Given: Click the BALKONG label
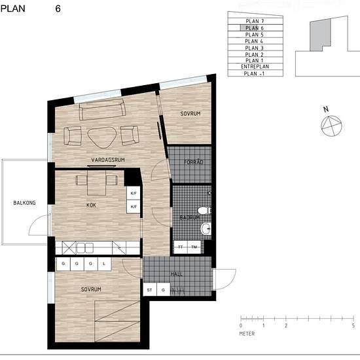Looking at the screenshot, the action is point(24,203).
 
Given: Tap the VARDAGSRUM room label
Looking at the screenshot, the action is point(108,160).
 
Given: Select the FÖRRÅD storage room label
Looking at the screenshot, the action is point(194,162).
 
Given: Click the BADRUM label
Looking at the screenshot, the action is point(189,217).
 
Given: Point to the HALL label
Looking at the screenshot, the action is point(177,274).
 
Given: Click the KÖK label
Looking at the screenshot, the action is point(91,205).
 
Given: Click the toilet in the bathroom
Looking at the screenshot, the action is point(204,210).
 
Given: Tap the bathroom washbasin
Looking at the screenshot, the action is point(206,228).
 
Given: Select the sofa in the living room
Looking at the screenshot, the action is point(102,110).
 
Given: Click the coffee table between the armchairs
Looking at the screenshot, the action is point(102,137).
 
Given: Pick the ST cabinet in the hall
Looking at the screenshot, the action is point(150,289).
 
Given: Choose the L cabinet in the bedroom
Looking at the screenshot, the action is point(105,264).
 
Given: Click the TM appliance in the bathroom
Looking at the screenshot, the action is point(194,247).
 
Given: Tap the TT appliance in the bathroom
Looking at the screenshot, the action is point(181,247).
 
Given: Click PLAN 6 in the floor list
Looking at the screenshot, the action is point(255,28).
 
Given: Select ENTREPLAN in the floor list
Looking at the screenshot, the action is point(255,66).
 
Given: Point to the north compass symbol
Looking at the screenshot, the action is point(331,125).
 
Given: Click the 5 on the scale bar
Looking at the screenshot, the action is point(353,325).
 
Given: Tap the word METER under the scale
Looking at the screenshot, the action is point(247,334).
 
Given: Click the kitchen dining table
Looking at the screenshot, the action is point(96,183).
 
